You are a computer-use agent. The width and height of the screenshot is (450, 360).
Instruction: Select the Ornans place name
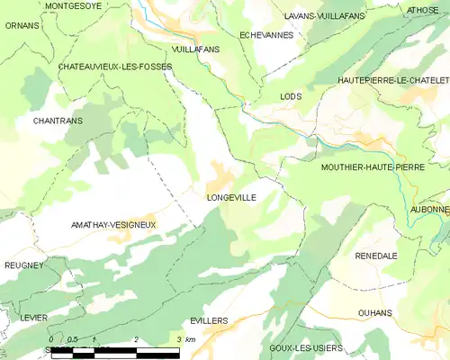click(x=22, y=25)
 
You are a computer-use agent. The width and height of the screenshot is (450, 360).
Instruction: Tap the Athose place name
click(x=422, y=10)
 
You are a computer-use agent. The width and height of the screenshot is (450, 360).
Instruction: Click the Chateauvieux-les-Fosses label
click(x=115, y=67)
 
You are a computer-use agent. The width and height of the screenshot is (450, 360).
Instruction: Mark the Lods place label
click(x=291, y=96)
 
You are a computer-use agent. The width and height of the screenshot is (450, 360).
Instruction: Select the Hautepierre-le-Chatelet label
click(x=393, y=80)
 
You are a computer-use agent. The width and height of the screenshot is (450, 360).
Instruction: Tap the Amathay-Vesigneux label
click(x=113, y=224)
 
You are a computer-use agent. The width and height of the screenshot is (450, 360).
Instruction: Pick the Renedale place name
click(x=376, y=256)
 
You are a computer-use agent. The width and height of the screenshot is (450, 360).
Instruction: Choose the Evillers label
click(x=209, y=320)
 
